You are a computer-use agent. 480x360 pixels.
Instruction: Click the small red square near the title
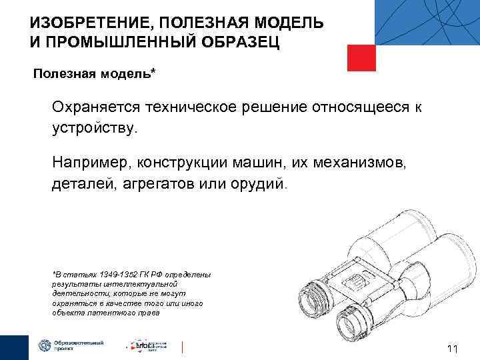362,58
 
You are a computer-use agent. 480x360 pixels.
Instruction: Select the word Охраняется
97,107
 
